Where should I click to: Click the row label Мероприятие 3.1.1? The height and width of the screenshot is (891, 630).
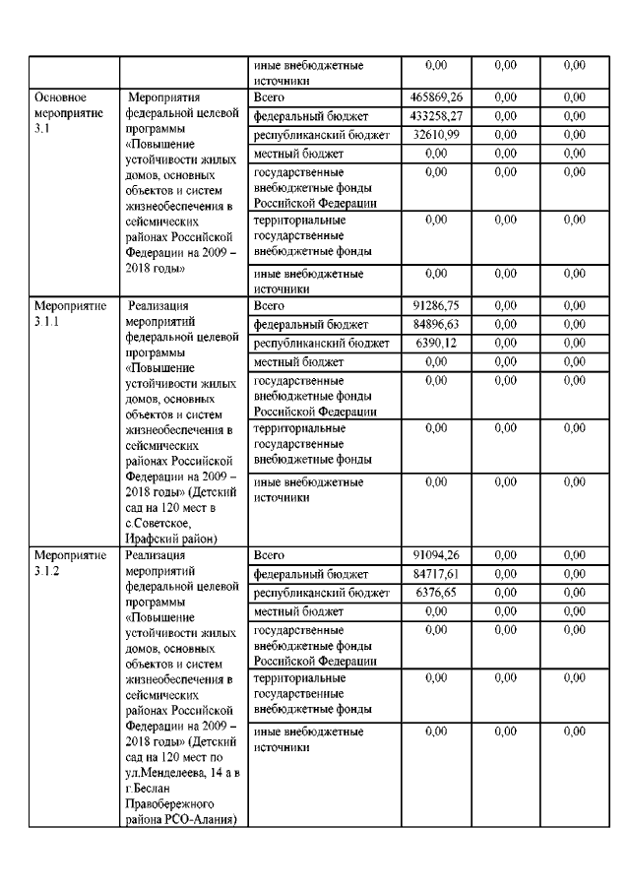pos(70,314)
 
